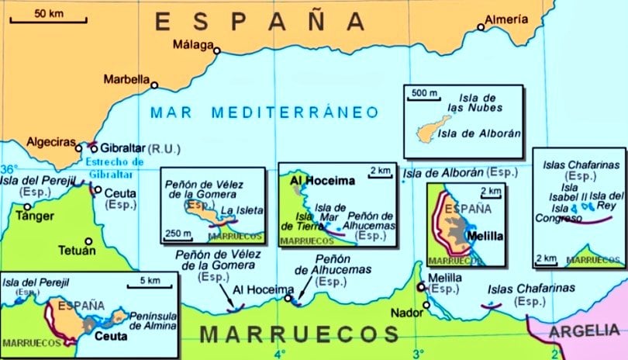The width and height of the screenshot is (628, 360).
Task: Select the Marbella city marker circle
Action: (x=154, y=85)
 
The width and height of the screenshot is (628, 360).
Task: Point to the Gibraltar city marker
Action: (x=94, y=148)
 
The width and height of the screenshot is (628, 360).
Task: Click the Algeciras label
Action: (x=52, y=143)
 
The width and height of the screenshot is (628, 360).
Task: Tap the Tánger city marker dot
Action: (x=28, y=207)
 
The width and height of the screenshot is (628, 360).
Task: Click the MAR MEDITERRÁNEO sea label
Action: (x=265, y=112)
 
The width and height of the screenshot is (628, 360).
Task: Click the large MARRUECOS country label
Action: (x=300, y=335)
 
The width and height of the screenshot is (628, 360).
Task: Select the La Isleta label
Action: (x=242, y=210)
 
